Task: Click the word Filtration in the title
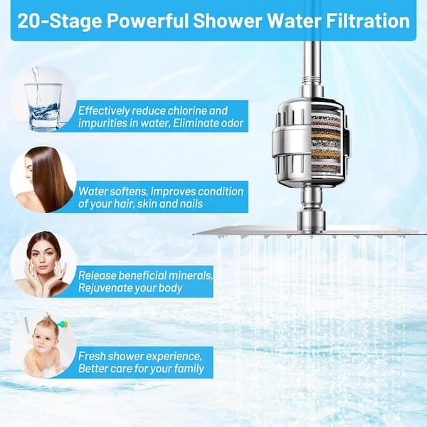368,21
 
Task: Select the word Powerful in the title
147,21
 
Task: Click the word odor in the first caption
231,123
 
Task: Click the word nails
191,204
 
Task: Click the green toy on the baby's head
62,324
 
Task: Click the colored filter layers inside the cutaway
326,144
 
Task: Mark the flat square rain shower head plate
310,232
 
